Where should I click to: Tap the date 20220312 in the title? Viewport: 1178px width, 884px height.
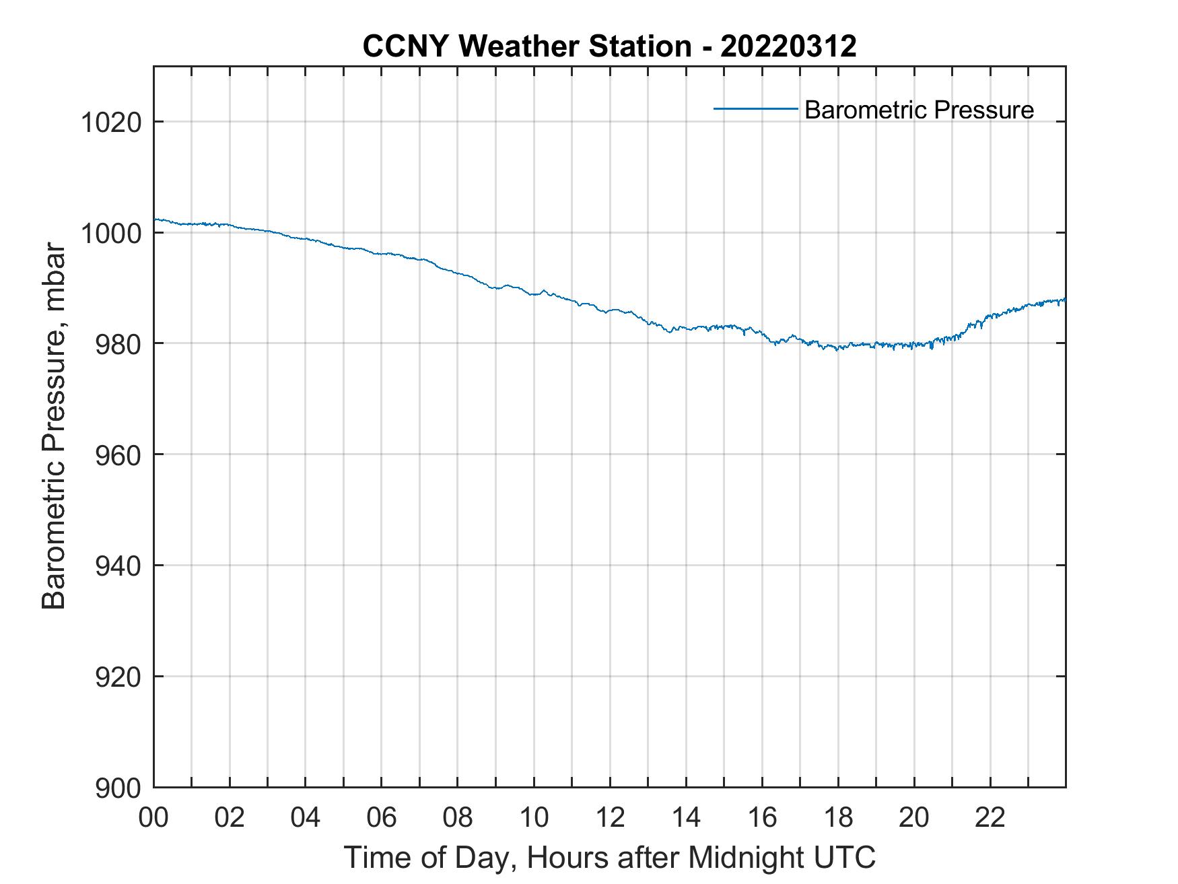pos(788,46)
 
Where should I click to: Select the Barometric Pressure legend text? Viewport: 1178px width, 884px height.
pos(918,110)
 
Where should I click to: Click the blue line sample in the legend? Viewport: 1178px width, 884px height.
pos(755,108)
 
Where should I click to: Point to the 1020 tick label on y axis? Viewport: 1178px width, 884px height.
pos(110,123)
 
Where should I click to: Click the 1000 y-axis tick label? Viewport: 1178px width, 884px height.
pos(110,234)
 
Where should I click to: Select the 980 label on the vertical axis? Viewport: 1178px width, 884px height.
pos(118,345)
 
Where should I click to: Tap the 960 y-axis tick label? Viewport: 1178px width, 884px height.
pos(118,455)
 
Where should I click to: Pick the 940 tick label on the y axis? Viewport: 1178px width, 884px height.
pos(118,566)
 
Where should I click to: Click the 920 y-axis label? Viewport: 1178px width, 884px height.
pos(118,677)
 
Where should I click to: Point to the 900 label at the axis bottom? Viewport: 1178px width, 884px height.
pos(118,788)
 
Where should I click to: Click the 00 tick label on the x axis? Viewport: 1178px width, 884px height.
pos(153,817)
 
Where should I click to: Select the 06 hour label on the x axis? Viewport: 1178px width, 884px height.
pos(381,817)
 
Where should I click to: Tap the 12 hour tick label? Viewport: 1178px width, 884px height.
pos(609,817)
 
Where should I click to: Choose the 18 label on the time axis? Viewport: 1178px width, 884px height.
pos(838,817)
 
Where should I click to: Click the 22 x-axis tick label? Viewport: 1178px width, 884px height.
pos(990,817)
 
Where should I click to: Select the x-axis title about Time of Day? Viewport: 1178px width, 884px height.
pos(609,858)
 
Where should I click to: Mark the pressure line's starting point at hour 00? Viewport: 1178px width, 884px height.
pos(155,219)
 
